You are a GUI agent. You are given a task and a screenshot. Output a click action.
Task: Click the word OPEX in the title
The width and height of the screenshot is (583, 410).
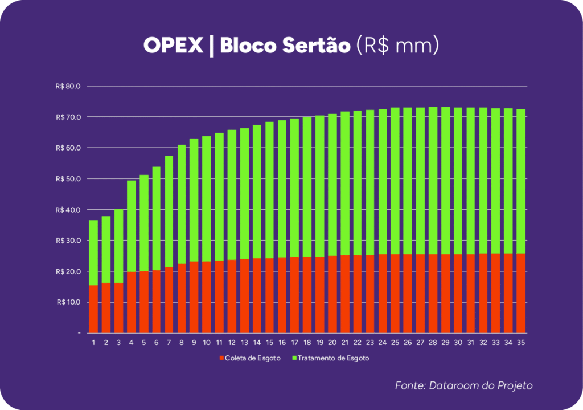coord(173,46)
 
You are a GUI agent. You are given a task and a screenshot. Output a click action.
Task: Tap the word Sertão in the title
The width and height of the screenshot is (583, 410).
coord(315,46)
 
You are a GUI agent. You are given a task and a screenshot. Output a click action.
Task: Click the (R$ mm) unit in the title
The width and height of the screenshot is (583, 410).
coord(397,46)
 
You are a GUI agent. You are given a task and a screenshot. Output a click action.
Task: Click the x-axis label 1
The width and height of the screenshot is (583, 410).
coord(93,342)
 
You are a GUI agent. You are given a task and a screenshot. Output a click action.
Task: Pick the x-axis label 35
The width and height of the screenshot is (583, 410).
coord(520,342)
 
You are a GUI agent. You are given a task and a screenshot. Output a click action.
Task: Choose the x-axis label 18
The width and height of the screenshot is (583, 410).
coord(307,342)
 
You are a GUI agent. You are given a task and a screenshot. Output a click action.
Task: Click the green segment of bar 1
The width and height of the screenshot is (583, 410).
coord(93,252)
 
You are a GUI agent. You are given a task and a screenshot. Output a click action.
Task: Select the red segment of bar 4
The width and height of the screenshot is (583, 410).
coord(131,302)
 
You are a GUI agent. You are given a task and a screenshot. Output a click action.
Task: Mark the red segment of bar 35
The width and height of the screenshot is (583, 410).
coord(520,293)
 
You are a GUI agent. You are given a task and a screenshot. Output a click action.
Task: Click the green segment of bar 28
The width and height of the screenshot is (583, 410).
coord(433,180)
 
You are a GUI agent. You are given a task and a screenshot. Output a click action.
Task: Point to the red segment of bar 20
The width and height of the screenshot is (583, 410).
coord(332,294)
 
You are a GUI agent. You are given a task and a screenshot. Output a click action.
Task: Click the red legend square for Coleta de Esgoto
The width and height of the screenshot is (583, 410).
coord(221,358)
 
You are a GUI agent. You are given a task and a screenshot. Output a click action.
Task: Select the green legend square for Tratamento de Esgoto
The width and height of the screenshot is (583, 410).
coord(294,358)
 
